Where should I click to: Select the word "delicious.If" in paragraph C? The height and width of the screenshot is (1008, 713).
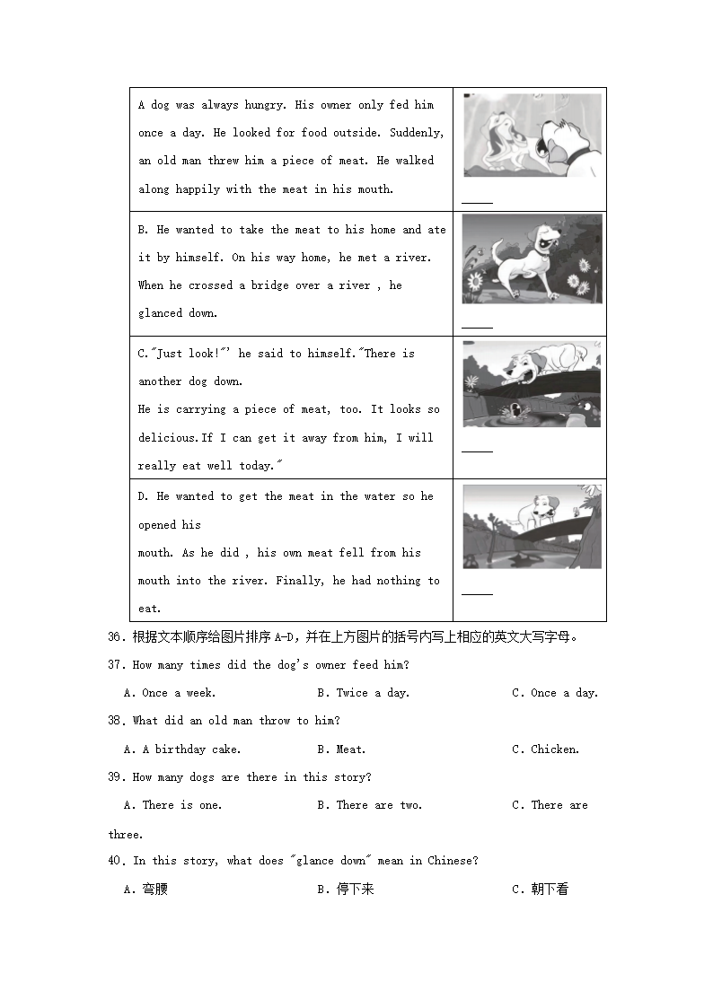click(x=177, y=438)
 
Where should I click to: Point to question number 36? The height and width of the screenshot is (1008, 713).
click(x=115, y=637)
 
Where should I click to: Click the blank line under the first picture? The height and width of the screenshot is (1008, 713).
click(x=477, y=203)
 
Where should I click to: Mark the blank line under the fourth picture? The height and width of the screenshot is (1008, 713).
click(x=477, y=593)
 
